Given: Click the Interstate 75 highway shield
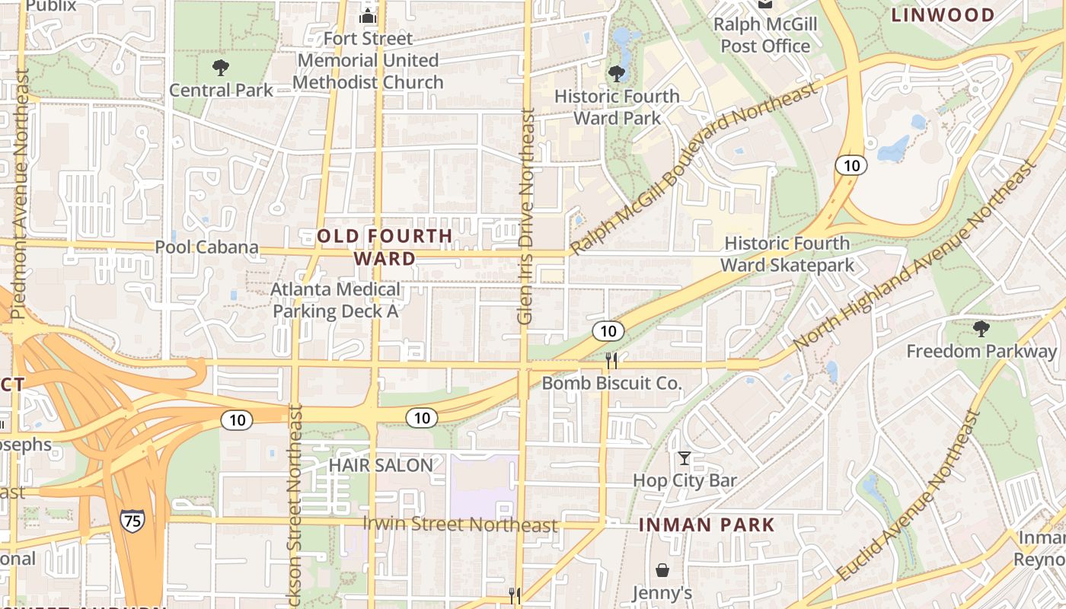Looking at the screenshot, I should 132,521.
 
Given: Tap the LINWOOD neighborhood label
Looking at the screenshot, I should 943,15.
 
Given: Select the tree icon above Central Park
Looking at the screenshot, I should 221,68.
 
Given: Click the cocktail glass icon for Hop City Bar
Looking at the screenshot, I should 685,458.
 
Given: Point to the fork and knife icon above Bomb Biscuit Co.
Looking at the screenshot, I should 611,360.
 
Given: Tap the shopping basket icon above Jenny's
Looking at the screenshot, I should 662,570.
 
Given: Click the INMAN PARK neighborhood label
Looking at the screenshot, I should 706,525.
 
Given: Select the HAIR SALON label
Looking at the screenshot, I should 381,464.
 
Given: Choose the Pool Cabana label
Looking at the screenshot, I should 207,247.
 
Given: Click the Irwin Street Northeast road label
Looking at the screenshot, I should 460,525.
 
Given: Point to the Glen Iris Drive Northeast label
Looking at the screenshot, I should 525,216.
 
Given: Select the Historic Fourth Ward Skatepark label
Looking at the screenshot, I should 787,254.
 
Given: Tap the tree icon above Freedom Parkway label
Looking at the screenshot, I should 981,329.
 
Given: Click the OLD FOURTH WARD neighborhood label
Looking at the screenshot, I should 385,247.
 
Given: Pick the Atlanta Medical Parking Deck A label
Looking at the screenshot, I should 336,300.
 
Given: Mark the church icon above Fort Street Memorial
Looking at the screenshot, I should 368,15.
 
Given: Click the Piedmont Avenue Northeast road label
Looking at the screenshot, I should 20,195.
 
